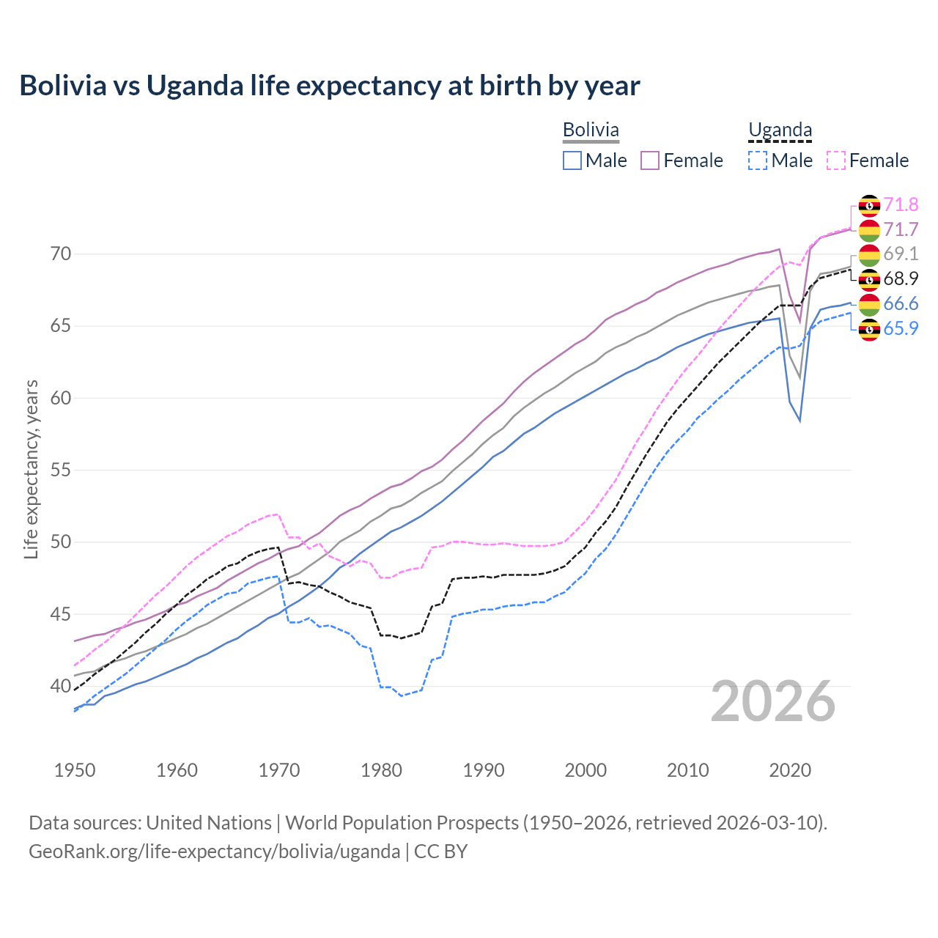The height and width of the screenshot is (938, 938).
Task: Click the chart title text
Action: pos(330,86)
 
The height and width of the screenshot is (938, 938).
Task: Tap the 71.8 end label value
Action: pos(901,204)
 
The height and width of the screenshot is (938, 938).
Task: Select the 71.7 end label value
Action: pos(901,229)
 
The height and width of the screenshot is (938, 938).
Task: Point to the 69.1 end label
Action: pos(901,254)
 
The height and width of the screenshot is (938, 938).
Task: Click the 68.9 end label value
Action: pos(901,278)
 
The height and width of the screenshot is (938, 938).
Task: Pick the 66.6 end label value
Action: pos(901,303)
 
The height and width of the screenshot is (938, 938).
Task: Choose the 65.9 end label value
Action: pos(901,328)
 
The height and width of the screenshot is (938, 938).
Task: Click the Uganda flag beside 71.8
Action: pos(869,205)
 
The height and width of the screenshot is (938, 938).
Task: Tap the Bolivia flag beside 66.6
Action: pos(869,304)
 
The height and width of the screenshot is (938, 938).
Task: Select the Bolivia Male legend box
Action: pos(572,160)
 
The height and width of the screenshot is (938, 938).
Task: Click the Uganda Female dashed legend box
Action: pos(836,160)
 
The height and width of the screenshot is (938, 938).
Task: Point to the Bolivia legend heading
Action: pos(591,130)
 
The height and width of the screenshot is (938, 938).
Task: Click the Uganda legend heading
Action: pos(780,130)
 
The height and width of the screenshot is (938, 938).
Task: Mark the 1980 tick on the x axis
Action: pos(381,770)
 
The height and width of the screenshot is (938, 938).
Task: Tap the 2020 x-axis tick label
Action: pos(790,770)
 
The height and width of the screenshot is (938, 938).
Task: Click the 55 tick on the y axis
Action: pos(61,470)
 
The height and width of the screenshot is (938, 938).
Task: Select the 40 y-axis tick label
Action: pos(61,686)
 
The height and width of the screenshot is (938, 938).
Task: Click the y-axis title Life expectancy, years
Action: pos(32,469)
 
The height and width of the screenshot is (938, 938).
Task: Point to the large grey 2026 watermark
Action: pos(773,701)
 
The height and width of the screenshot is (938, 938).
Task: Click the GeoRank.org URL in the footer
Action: pos(214,851)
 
